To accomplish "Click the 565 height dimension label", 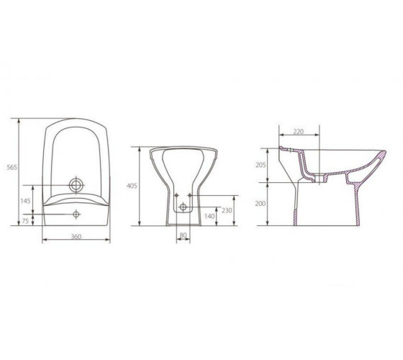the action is pos(12,167).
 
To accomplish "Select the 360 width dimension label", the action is pos(76,236).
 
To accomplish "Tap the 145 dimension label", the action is pos(25,201).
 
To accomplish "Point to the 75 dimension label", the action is pos(25,221).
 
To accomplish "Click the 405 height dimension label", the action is pos(132,186).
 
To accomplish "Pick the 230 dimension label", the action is pos(227,210).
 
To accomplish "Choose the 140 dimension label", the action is pos(209,216).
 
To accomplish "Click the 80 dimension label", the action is pos(183,235).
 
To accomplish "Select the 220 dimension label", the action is pos(298,131).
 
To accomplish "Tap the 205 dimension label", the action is pos(261,165).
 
